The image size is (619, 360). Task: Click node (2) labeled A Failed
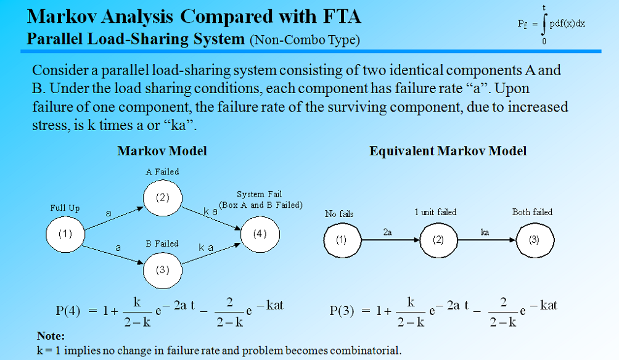(162, 198)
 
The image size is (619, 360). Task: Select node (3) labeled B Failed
(162, 269)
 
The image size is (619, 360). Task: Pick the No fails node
(341, 240)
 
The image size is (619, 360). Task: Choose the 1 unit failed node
(438, 240)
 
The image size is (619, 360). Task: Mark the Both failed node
(534, 240)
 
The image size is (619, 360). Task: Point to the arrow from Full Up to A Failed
(113, 216)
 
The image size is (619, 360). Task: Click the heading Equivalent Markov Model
(448, 151)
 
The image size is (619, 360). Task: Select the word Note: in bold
(51, 337)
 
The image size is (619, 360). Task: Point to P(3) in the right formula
(342, 310)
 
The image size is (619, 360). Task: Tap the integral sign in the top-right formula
(543, 24)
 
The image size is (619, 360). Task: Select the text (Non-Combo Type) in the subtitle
(305, 41)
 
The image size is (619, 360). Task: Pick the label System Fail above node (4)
(259, 194)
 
